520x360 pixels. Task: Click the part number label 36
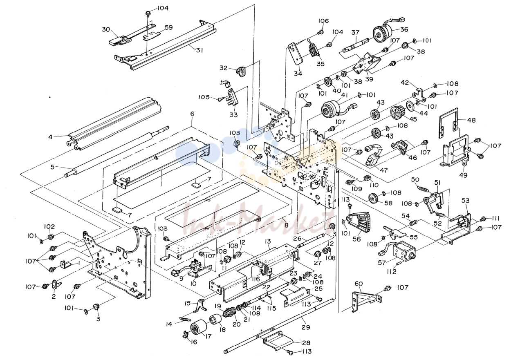tap(404, 29)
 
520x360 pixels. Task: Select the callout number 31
tap(199, 50)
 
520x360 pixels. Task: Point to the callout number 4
tap(50, 137)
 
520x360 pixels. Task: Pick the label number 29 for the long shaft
tap(306, 327)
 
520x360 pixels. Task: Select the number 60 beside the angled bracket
tap(359, 284)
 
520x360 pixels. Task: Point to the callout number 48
tap(471, 120)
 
